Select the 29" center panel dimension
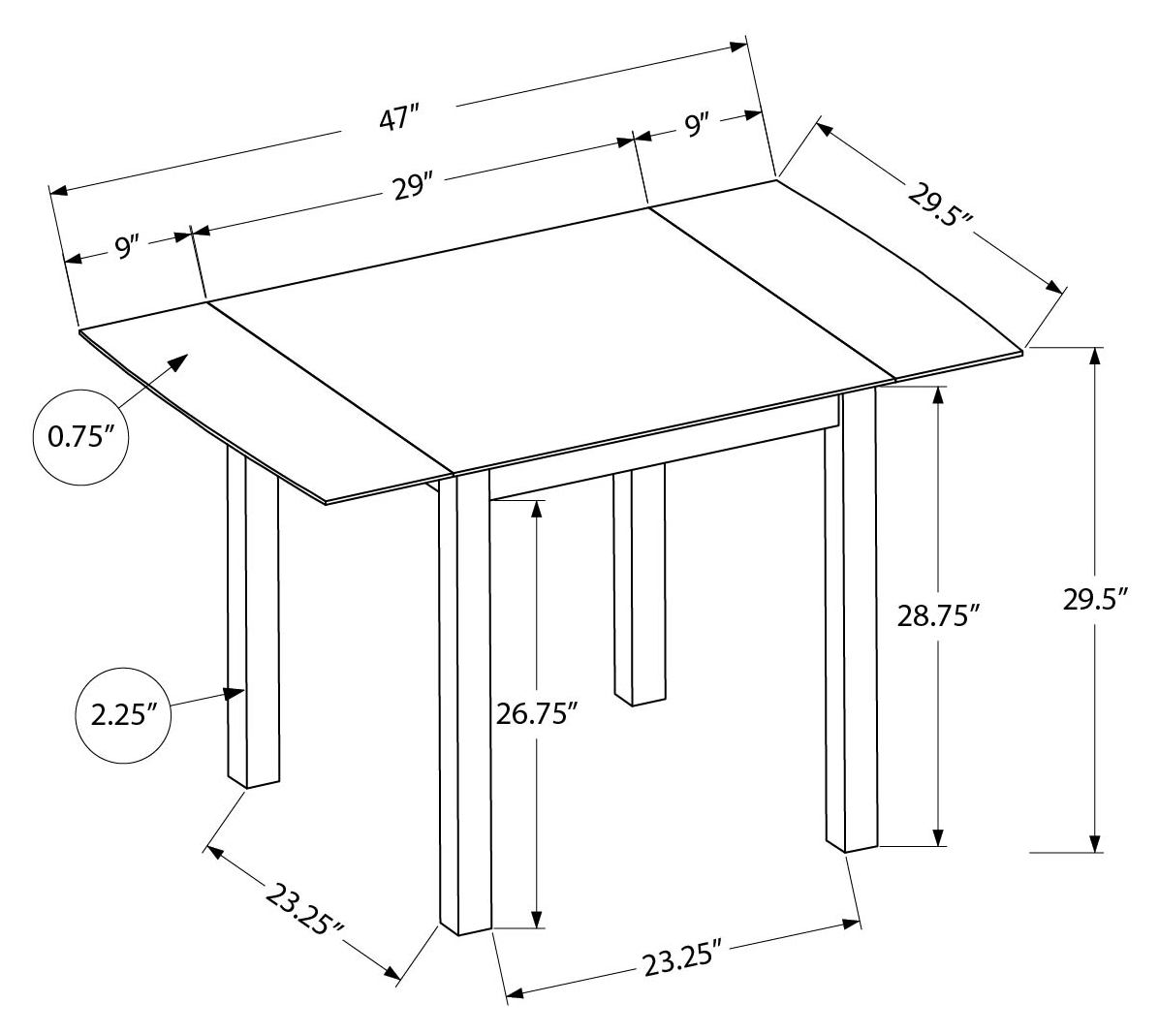point(412,185)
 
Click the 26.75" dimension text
point(537,715)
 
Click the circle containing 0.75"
point(81,436)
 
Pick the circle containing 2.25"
point(123,715)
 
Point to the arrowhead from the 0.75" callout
point(179,361)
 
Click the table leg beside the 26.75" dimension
point(464,707)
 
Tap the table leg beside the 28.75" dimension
point(851,620)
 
